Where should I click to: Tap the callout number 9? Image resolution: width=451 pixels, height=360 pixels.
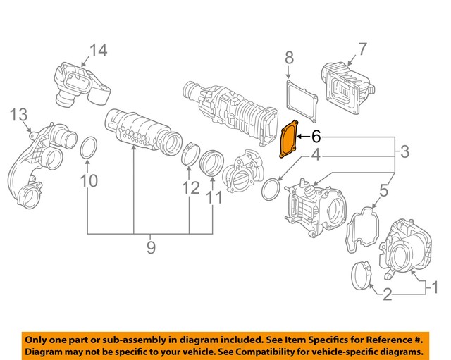tap(150, 247)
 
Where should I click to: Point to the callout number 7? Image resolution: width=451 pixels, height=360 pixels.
tap(362, 49)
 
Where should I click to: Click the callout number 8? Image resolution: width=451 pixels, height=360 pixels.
tap(288, 57)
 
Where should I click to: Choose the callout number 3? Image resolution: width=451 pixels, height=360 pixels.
tap(405, 151)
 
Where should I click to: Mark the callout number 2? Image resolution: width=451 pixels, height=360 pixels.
tap(387, 294)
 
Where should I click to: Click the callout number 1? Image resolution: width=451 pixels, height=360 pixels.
tap(434, 287)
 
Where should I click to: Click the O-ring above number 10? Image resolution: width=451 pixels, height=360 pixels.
tap(88, 149)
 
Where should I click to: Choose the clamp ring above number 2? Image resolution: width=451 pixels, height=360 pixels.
tap(362, 275)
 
